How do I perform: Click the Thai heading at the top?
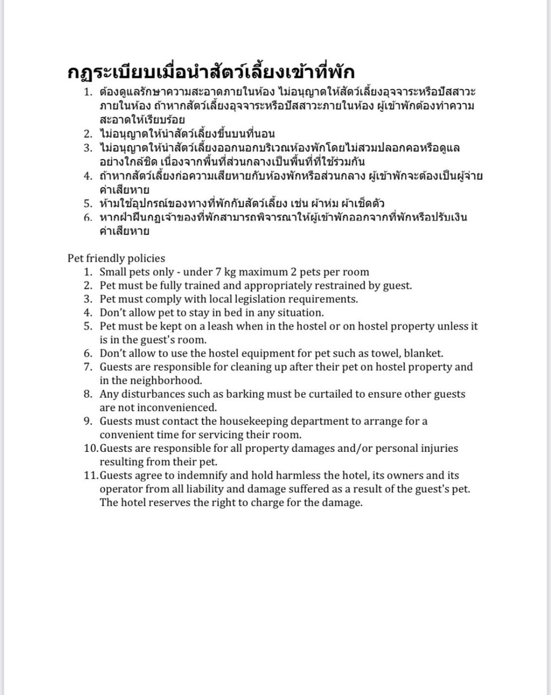tap(211, 72)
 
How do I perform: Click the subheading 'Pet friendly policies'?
tap(116, 258)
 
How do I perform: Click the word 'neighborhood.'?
tap(166, 381)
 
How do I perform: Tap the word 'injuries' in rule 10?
tap(439, 448)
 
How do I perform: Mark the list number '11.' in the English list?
tap(91, 475)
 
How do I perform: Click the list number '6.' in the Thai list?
tap(88, 217)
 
